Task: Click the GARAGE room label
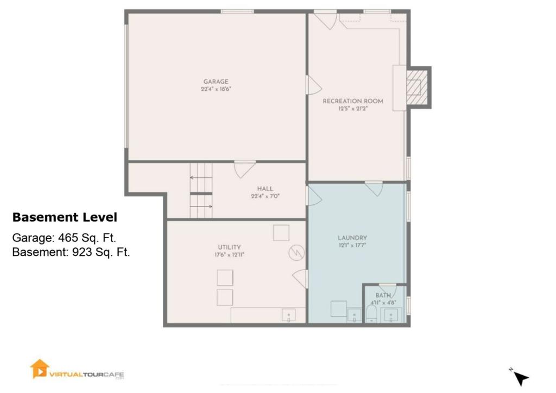coord(216,82)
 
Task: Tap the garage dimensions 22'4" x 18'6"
coord(216,89)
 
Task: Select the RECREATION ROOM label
coord(353,101)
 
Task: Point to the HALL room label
coord(265,189)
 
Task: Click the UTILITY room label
coord(229,247)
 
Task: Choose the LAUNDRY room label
coord(352,238)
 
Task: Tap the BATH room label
coord(383,295)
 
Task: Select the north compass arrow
coord(521,378)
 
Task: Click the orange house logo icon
coord(39,369)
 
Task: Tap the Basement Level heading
coord(65,217)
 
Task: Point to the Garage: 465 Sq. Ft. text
coord(64,238)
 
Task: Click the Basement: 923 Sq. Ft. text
coord(71,252)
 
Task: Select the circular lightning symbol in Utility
coord(296,253)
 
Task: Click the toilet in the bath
coord(371,314)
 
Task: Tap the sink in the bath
coord(391,315)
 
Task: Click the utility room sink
coord(289,315)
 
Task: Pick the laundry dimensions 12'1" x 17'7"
coord(352,245)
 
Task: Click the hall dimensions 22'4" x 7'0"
coord(265,196)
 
